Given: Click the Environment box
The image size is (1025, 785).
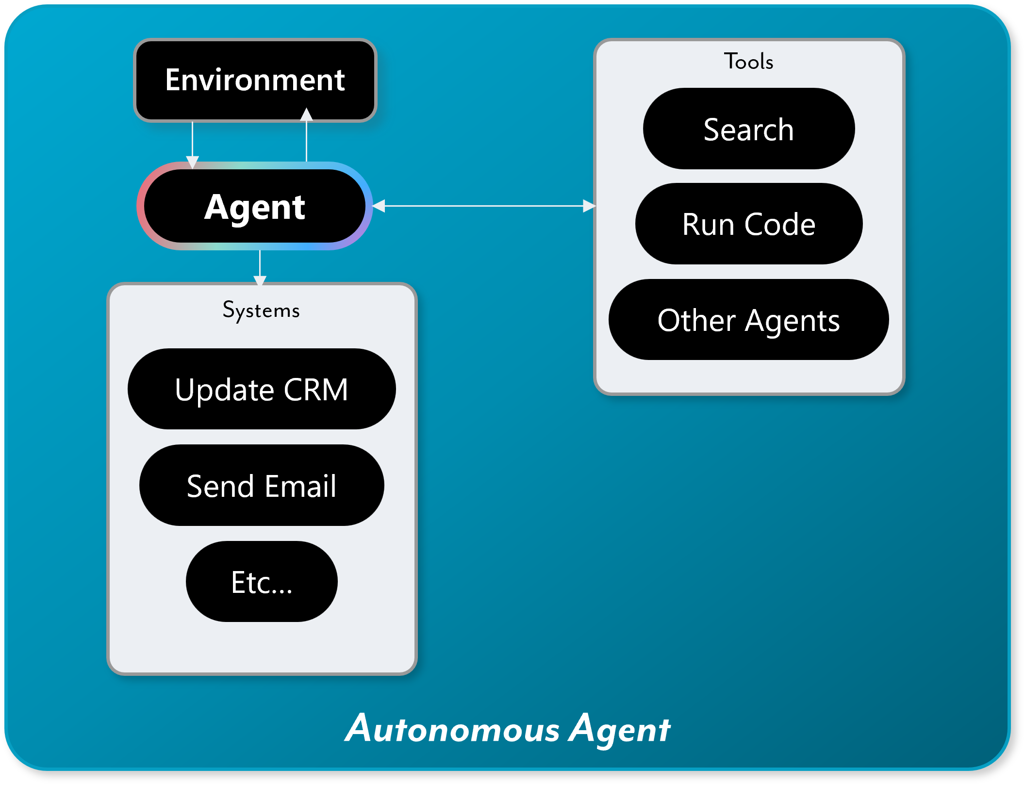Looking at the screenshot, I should (x=255, y=80).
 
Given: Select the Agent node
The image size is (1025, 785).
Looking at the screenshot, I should (x=255, y=207).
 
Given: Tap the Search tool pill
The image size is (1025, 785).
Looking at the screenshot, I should (x=749, y=129).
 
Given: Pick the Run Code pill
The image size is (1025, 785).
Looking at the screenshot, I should (x=749, y=224).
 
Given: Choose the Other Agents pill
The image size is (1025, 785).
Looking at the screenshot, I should (x=749, y=320).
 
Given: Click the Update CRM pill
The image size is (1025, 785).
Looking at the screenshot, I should (x=262, y=389).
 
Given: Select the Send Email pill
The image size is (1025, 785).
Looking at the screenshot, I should (x=262, y=486).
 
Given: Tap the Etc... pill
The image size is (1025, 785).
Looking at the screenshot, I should (x=262, y=582).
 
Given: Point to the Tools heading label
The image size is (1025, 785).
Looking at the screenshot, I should (x=749, y=62).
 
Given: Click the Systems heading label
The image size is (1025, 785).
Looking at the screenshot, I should (x=261, y=311).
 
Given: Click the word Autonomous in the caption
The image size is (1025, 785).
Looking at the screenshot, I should (x=452, y=729).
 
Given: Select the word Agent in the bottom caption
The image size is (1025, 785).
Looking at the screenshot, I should (x=620, y=729).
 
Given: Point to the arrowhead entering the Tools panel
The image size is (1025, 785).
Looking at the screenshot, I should (x=589, y=206).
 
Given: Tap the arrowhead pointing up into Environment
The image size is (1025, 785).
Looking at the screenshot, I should (x=306, y=114).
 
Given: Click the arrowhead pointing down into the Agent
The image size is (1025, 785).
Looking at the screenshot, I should (x=193, y=162).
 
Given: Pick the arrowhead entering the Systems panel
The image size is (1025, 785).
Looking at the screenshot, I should (x=260, y=280).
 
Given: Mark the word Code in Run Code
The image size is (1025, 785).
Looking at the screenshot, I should (x=780, y=224).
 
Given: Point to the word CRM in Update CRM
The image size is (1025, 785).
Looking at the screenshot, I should (x=315, y=389).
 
